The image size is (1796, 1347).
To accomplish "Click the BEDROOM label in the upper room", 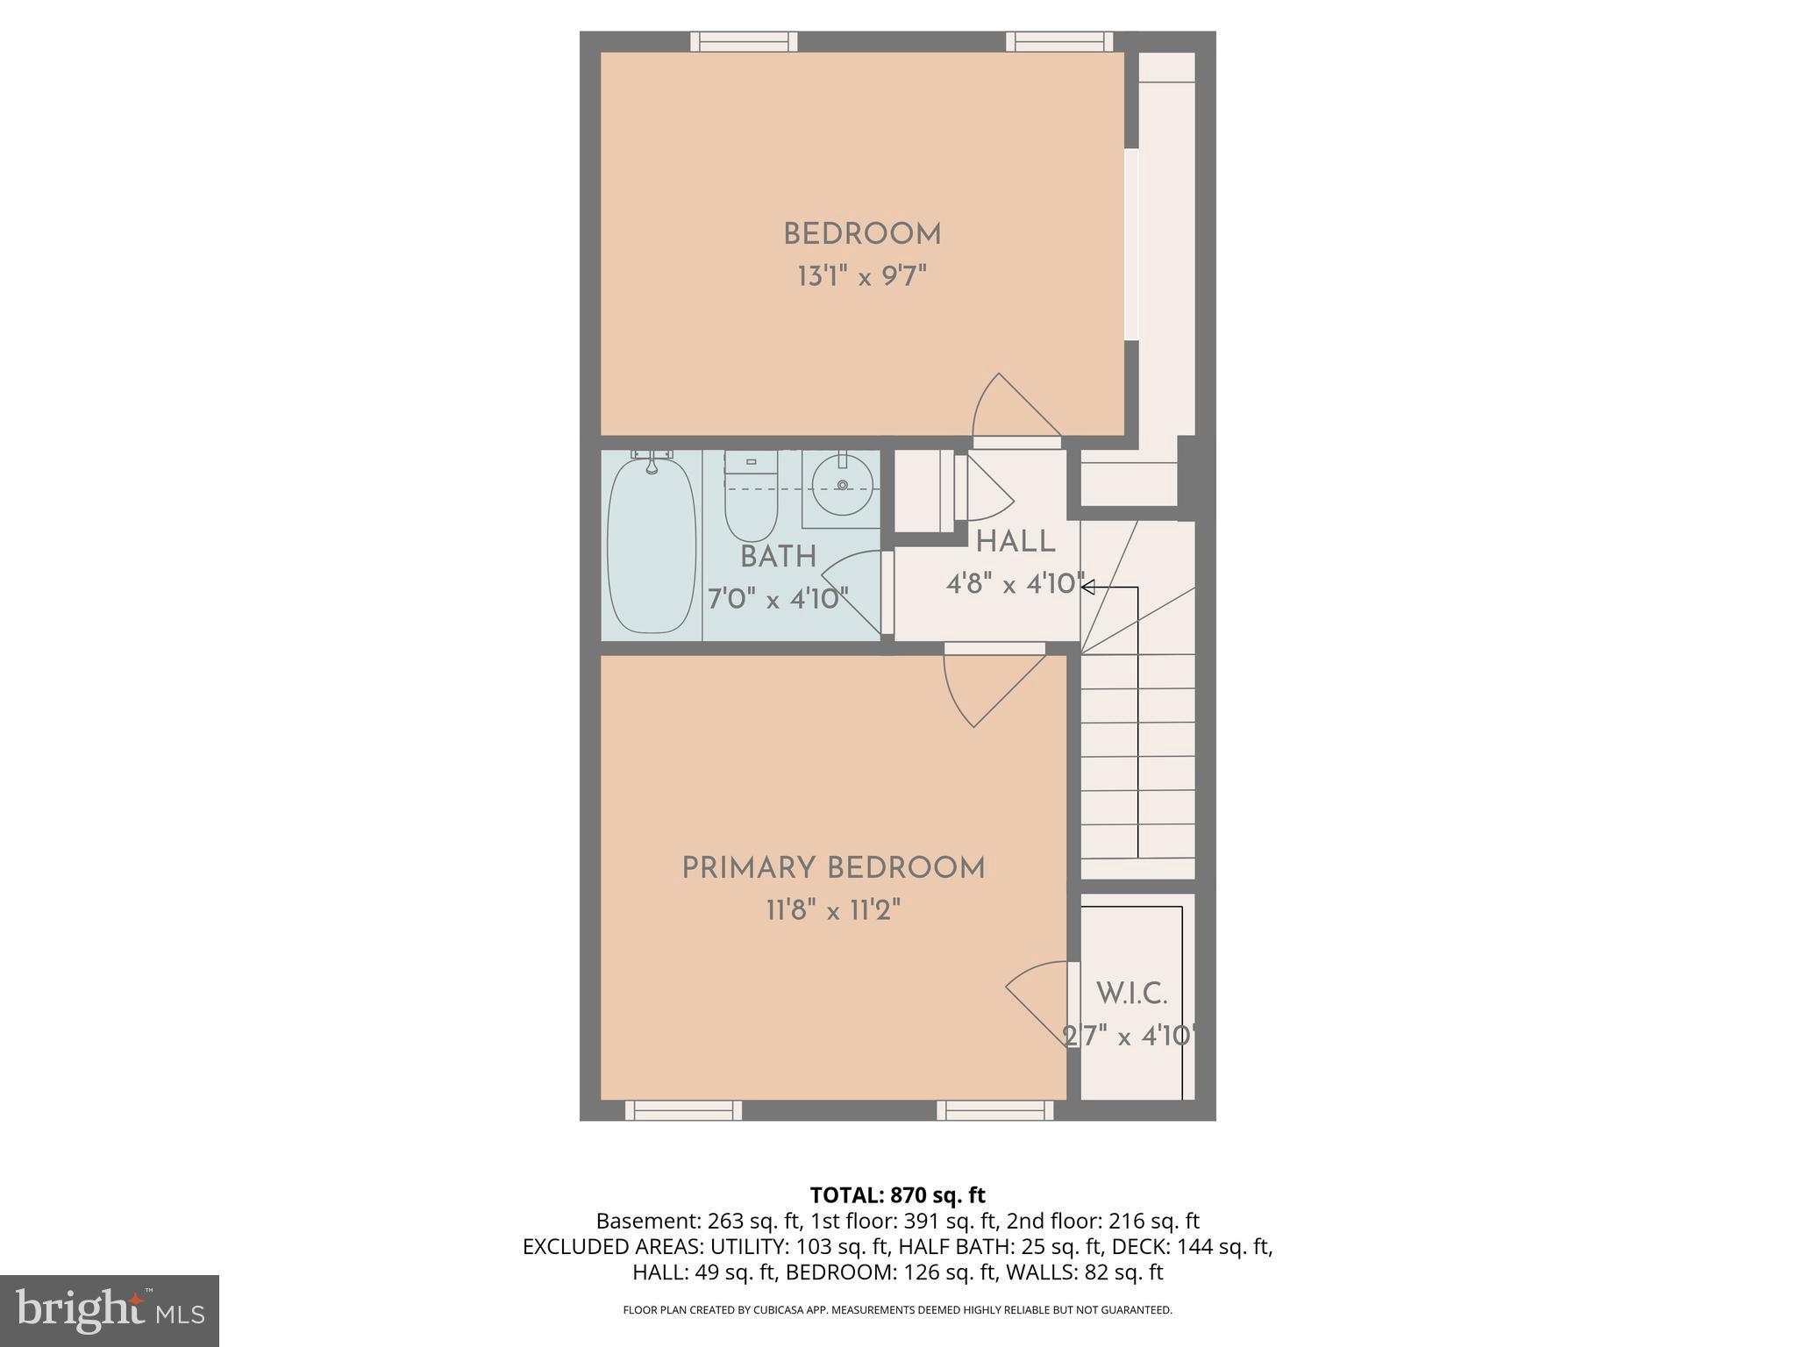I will point(862,235).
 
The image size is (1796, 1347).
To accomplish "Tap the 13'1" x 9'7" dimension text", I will point(862,277).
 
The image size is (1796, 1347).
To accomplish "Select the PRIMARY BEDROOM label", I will point(833,869).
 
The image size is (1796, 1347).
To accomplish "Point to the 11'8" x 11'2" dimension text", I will point(833,911).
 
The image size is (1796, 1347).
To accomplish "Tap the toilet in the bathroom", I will point(751,500).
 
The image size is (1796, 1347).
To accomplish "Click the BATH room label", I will point(778,557).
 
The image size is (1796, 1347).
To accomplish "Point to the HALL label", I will point(1016,542).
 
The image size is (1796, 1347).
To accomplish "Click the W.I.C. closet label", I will point(1131,994).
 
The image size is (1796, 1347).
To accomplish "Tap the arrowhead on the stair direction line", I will point(1088,588).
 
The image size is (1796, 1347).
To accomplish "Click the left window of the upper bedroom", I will point(744,41).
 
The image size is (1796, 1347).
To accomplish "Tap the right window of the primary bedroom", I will point(994,1111).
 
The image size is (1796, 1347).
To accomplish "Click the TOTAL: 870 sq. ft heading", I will point(897,1195).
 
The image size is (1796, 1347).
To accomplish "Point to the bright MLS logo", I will point(109,1310).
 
